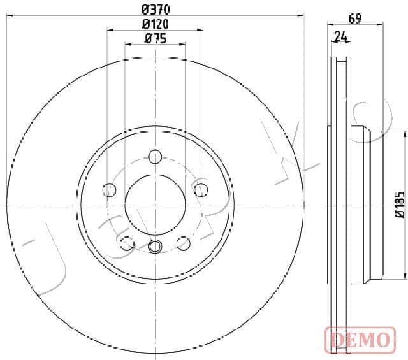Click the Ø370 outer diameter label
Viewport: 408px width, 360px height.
[155, 10]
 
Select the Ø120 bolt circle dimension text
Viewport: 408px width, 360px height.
[155, 24]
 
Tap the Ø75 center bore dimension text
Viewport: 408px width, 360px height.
[155, 39]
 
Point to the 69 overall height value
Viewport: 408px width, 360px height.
[355, 18]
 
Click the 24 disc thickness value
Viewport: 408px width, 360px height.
[342, 37]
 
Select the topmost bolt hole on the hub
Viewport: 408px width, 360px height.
[155, 156]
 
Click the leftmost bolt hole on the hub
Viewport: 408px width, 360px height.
[110, 189]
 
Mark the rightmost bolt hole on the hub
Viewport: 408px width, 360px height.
[201, 189]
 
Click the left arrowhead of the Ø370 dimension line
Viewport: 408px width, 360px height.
[9, 14]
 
